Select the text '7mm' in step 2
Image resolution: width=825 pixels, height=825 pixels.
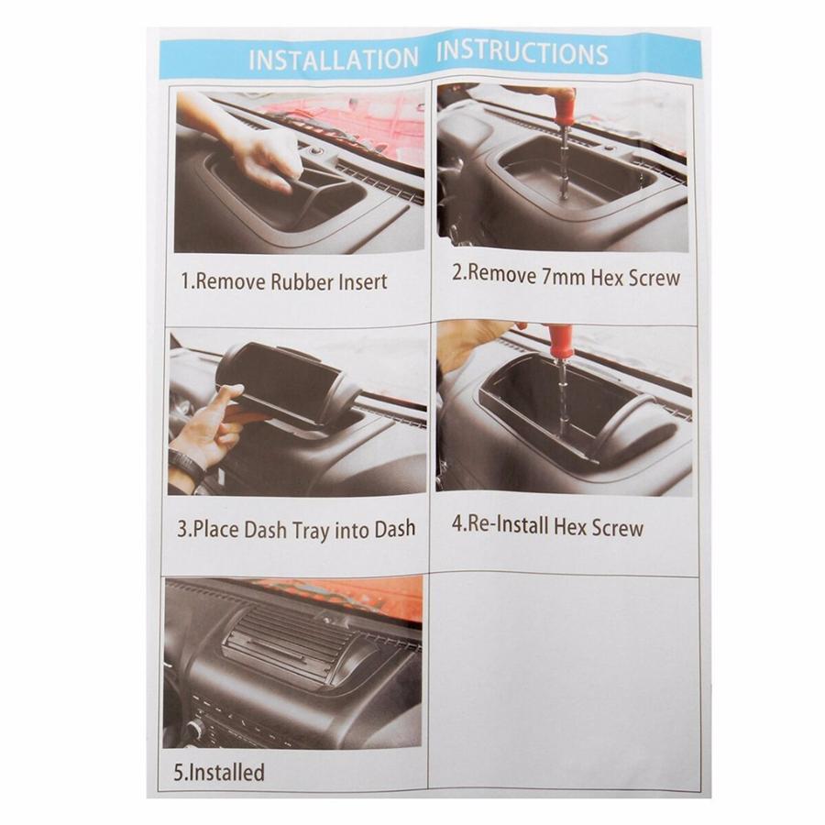point(556,277)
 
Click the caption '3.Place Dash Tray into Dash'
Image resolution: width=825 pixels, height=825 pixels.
point(296,529)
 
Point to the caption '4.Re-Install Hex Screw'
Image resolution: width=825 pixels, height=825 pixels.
point(548,527)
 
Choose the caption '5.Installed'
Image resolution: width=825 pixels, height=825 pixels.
point(219,771)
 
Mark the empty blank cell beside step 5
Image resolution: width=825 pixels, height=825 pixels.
point(563,678)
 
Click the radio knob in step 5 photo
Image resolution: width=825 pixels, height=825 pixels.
point(193,731)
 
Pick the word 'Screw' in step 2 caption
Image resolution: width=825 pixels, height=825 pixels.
point(654,277)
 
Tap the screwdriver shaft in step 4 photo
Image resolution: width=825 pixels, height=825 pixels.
point(560,394)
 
